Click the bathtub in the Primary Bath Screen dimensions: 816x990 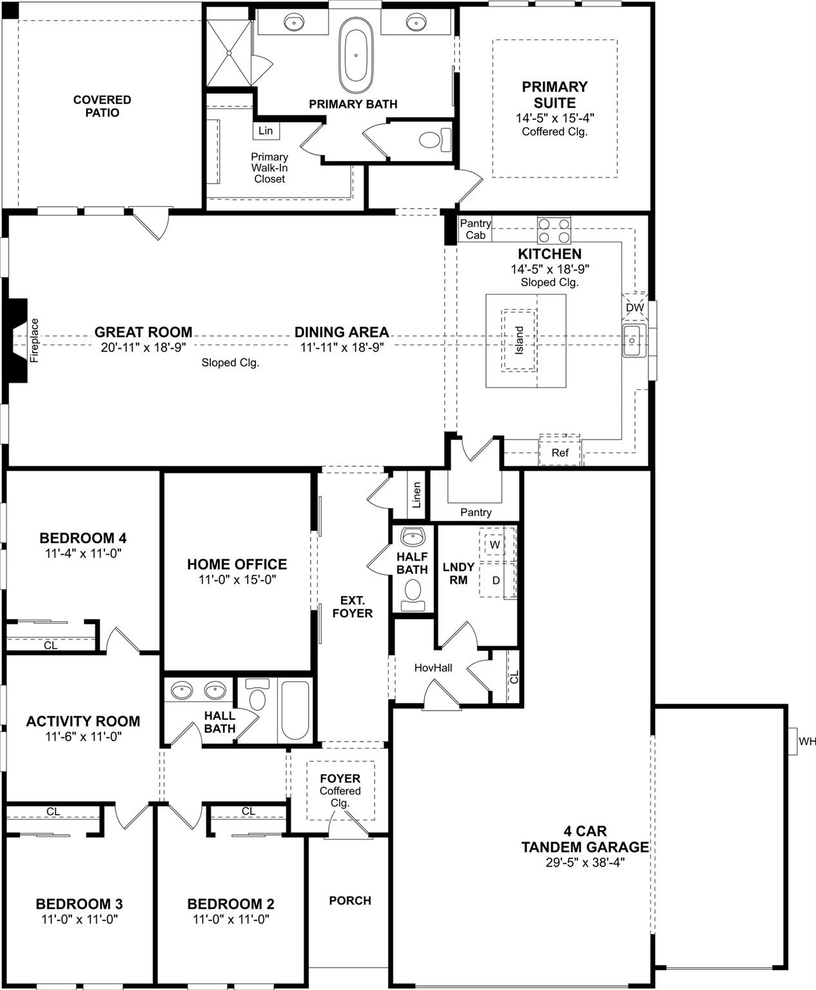point(356,55)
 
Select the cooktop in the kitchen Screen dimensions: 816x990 point(554,230)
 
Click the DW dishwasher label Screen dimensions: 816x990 point(635,307)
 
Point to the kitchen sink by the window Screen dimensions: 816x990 point(634,340)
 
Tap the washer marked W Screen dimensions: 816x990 point(494,545)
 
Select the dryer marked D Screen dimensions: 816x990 point(496,580)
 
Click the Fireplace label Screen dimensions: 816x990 point(34,340)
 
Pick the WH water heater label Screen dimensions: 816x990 point(807,741)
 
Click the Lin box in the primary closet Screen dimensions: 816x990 point(266,130)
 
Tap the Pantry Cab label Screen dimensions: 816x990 point(476,229)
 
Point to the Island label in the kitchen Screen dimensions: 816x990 point(520,340)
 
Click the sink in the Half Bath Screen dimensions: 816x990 point(413,537)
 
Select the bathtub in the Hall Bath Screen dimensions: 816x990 point(295,710)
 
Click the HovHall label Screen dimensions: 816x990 point(433,668)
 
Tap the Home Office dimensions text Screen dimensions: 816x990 point(237,579)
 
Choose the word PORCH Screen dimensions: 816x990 point(350,900)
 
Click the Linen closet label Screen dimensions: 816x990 point(416,495)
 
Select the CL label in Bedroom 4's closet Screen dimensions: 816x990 point(50,645)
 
